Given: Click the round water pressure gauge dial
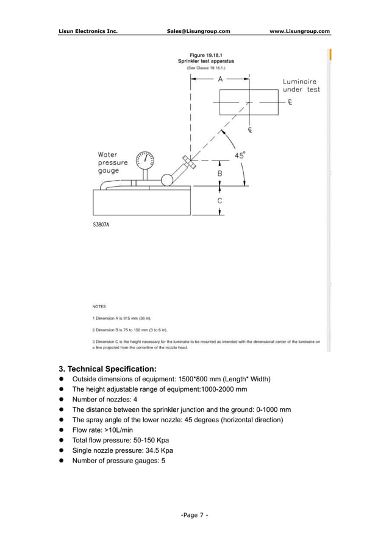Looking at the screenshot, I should coord(145,160).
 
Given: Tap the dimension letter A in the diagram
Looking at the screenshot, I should coord(220,79).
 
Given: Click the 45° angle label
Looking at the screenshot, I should coord(240,156).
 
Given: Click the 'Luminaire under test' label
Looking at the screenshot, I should coord(301,85).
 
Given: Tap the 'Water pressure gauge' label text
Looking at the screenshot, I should coord(113,163).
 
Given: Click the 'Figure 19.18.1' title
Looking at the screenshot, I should coord(205,54).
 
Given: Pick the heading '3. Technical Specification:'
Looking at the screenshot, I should coord(107,369).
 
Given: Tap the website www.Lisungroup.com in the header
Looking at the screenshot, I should coord(299,31).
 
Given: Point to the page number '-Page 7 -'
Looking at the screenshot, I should coord(194,515).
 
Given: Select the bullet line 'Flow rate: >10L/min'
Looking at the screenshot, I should coord(103,430).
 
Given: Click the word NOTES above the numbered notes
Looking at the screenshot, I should coord(99,306).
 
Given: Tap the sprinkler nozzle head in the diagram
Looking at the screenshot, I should coord(187,162).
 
